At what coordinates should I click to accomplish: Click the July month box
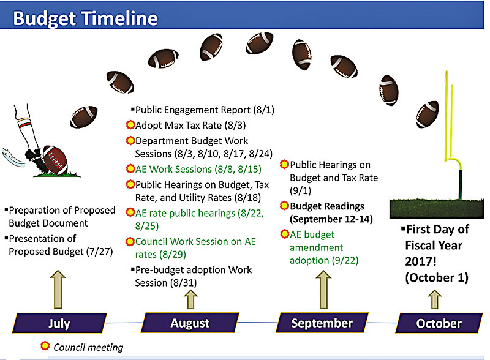click(x=59, y=323)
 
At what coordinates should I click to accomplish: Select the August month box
click(x=190, y=323)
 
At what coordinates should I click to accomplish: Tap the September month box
click(x=322, y=323)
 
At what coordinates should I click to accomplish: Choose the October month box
click(x=439, y=323)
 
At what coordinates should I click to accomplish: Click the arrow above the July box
click(x=58, y=290)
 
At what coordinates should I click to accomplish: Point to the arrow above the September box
click(x=324, y=290)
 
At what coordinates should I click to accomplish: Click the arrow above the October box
click(x=435, y=299)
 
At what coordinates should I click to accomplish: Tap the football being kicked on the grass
click(x=55, y=160)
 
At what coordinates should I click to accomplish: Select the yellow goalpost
click(x=453, y=134)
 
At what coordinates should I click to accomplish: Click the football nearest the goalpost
click(x=428, y=114)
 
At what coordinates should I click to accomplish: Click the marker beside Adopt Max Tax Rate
click(x=130, y=125)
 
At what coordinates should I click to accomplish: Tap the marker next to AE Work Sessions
click(x=130, y=169)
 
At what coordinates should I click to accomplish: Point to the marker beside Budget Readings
click(x=284, y=206)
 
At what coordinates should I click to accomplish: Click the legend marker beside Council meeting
click(x=45, y=346)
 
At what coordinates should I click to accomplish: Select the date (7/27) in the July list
click(x=100, y=251)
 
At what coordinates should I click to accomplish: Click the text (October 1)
click(x=437, y=277)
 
